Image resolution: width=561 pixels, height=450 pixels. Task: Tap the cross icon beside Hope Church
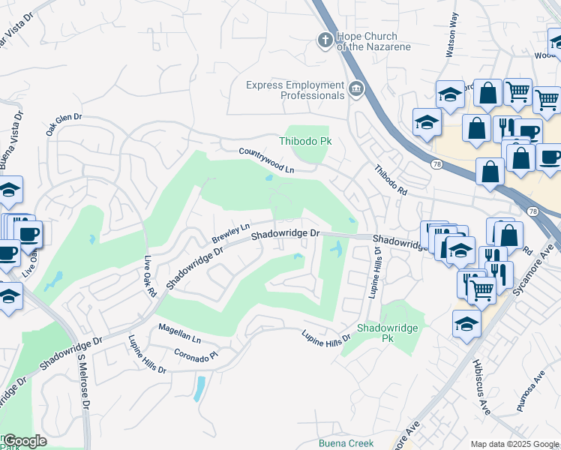click(325, 40)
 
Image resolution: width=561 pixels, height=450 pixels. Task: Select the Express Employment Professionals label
click(295, 90)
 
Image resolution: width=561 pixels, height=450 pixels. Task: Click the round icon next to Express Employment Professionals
click(356, 91)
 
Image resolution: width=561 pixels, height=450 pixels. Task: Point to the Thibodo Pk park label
click(305, 141)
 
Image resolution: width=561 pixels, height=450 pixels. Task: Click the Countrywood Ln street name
click(266, 160)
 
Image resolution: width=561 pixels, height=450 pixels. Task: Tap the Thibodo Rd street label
click(390, 180)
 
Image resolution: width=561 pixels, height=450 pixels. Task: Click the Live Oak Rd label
click(148, 277)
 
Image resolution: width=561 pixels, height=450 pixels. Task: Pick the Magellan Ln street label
click(180, 334)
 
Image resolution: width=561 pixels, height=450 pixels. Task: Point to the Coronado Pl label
click(196, 353)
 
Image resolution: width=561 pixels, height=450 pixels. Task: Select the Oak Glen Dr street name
click(63, 124)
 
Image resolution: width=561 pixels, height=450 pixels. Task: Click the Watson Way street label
click(452, 44)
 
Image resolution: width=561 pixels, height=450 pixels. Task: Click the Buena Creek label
click(346, 443)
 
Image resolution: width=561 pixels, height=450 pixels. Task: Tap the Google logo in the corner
click(24, 441)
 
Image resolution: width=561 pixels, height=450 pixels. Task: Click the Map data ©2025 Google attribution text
click(514, 444)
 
